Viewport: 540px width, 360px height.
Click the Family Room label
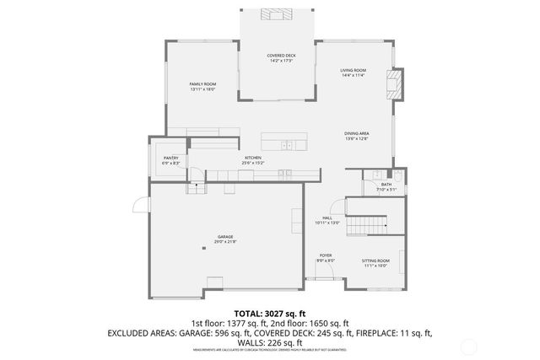pos(202,86)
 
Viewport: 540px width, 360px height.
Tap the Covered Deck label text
pos(280,57)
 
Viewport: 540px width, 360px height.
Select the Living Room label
pos(353,73)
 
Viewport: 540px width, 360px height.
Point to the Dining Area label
pos(356,136)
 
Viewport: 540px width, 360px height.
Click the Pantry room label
pos(170,160)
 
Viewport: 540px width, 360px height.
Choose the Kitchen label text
pos(254,160)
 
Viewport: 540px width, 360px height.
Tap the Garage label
pos(225,239)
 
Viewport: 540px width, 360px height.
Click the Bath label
pos(386,186)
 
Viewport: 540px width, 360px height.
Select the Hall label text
pos(327,220)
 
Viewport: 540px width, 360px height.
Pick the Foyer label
pos(326,258)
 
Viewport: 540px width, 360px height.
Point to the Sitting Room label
pos(375,264)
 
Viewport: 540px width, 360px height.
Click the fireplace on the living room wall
pos(391,82)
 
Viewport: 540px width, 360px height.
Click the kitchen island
pos(283,141)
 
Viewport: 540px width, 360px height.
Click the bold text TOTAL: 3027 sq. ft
pos(270,313)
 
